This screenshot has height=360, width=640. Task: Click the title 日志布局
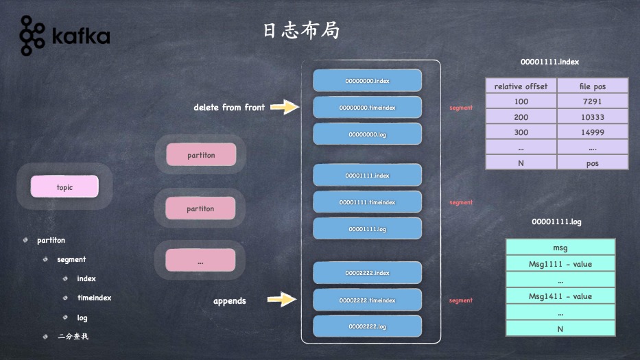301,31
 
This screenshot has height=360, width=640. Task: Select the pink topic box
64,187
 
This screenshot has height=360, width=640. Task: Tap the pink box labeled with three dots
200,261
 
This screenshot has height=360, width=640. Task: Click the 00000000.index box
367,81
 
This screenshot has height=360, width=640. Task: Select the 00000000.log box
367,134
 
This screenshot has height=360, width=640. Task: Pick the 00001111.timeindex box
367,202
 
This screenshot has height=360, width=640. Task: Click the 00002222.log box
367,326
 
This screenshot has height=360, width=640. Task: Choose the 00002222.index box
367,273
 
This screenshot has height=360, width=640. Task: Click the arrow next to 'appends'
281,299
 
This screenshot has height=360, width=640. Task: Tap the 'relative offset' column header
521,86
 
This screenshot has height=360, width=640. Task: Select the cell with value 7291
592,101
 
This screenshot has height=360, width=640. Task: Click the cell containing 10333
592,117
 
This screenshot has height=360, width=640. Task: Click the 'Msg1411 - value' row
560,296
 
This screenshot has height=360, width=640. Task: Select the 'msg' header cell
560,248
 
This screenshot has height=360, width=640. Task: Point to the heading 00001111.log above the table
556,222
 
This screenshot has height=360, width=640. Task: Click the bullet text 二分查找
73,337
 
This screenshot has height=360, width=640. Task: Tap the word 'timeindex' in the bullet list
94,298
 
